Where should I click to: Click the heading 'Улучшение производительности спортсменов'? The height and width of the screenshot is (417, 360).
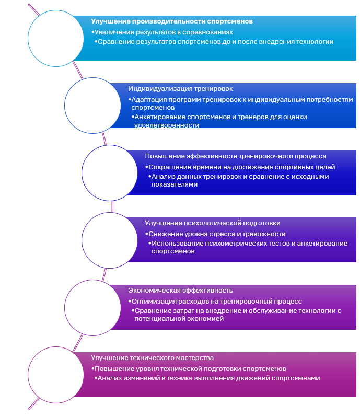pyautogui.click(x=172, y=21)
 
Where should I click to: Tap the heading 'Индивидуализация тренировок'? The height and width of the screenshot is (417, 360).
pyautogui.click(x=181, y=89)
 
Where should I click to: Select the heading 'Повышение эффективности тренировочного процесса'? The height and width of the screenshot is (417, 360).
pyautogui.click(x=236, y=156)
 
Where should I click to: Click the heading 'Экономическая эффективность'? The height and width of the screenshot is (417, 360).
pyautogui.click(x=181, y=291)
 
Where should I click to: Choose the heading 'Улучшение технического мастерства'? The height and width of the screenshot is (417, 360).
pyautogui.click(x=153, y=358)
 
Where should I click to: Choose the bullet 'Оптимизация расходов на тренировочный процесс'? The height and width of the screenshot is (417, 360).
pyautogui.click(x=217, y=302)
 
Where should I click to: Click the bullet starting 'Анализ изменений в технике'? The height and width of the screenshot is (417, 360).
pyautogui.click(x=208, y=378)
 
